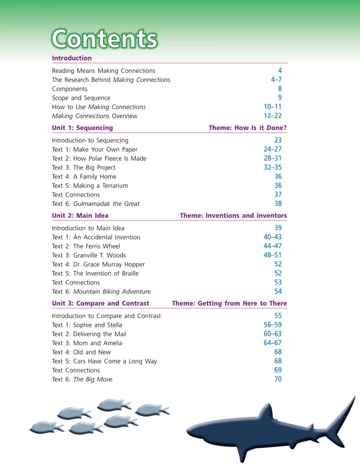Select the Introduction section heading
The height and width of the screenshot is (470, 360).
click(x=72, y=58)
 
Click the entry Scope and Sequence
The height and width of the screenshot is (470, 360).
click(x=81, y=98)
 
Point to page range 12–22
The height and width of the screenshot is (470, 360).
click(x=273, y=116)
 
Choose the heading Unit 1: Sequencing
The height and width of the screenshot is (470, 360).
click(x=82, y=128)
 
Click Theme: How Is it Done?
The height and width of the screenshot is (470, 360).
click(x=247, y=128)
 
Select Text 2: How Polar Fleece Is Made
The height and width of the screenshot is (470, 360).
click(x=99, y=158)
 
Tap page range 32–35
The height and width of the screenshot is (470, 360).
click(x=273, y=167)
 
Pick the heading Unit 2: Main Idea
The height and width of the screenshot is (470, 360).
click(x=80, y=215)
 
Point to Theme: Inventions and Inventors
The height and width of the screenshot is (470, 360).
click(x=233, y=215)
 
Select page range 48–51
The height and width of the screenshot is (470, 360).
click(x=273, y=255)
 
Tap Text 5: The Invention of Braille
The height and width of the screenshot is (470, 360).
click(x=95, y=273)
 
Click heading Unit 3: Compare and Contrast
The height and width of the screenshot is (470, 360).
click(x=100, y=303)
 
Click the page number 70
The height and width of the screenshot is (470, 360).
click(x=278, y=379)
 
